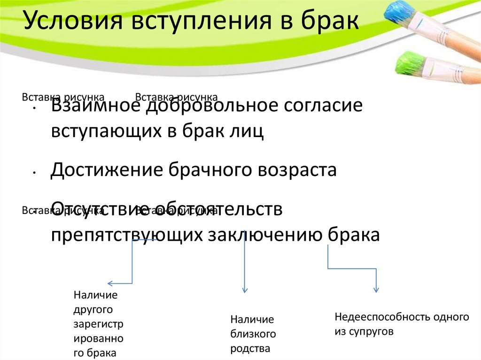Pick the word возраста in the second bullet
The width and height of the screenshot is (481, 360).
click(x=296, y=169)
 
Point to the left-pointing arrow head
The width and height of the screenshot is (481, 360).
click(x=111, y=283)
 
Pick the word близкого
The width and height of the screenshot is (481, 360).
click(x=252, y=334)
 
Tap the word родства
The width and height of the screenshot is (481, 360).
click(x=250, y=349)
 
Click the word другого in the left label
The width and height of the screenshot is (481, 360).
click(x=94, y=310)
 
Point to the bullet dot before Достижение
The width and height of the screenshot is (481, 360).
click(x=35, y=174)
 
